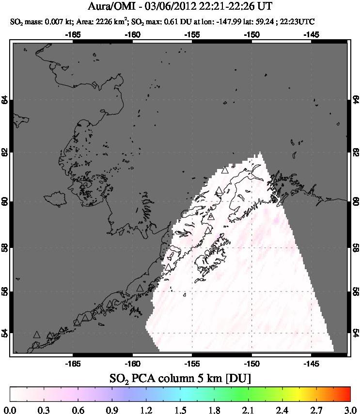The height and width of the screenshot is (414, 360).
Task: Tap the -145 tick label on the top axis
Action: point(311,34)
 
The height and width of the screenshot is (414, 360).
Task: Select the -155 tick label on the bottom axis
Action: point(192,363)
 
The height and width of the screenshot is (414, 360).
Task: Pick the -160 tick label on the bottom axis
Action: point(132,363)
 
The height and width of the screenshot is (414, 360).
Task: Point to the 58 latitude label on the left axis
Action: point(5,247)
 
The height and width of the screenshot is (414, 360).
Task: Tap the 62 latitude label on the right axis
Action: point(355,152)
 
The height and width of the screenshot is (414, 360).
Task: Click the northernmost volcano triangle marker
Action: point(224,170)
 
